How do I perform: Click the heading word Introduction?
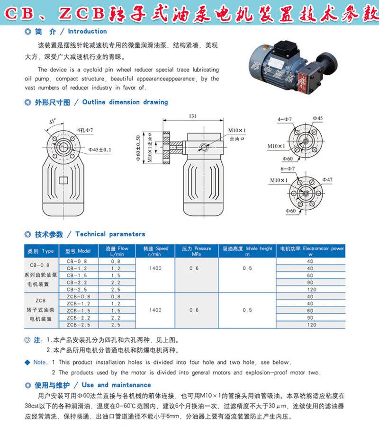87,31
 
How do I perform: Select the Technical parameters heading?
110,234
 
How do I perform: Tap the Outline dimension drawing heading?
125,102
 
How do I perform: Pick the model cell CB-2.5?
77,289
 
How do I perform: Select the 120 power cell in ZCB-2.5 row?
310,325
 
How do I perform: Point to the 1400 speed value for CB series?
155,268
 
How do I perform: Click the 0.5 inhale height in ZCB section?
247,311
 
